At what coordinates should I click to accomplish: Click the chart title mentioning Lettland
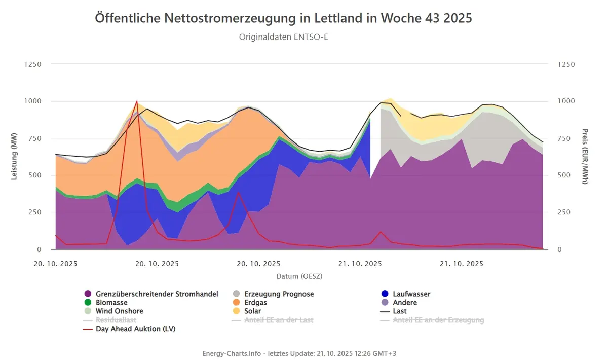coord(283,18)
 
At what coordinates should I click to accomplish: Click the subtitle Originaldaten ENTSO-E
coord(283,37)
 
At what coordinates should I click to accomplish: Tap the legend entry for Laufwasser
coord(406,294)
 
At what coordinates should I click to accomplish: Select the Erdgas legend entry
coord(250,302)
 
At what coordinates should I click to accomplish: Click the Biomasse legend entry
coord(106,302)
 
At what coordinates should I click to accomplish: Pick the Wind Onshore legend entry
coord(113,311)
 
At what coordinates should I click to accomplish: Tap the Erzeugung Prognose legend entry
coord(273,294)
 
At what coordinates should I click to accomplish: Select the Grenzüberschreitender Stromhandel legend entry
coord(151,294)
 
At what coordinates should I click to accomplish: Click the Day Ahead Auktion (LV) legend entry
coord(129,329)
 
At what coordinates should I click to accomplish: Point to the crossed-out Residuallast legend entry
coord(109,320)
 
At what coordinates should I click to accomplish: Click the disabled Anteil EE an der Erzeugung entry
coord(432,320)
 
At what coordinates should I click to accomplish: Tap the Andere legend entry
coord(399,302)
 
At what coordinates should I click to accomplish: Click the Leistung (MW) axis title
coord(14,156)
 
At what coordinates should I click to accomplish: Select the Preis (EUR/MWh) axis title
coord(585,157)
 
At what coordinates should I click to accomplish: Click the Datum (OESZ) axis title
coord(299,276)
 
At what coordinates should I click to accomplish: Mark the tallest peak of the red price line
coord(137,101)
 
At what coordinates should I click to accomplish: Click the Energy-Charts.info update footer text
coord(299,353)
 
